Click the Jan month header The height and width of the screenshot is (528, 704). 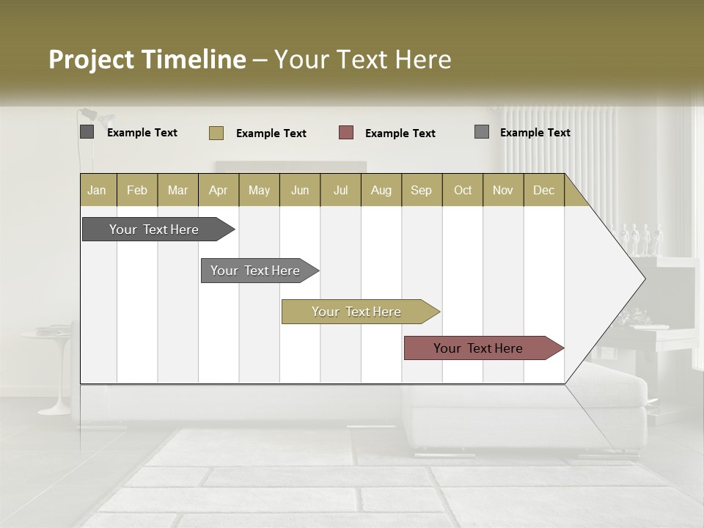click(x=97, y=190)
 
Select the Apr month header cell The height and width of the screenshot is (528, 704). click(x=218, y=190)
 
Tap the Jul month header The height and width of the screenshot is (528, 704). click(x=340, y=190)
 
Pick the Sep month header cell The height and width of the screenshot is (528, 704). click(x=421, y=190)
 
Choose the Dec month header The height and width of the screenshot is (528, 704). click(x=543, y=190)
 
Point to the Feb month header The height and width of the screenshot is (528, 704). click(x=137, y=190)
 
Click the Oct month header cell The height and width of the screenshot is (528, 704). click(x=463, y=190)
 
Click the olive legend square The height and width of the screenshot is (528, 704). click(x=216, y=133)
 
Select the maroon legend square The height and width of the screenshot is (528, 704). click(x=346, y=132)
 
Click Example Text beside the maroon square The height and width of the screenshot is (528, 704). click(x=400, y=133)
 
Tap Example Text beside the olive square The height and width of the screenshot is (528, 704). click(x=271, y=133)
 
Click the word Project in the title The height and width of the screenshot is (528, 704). click(x=91, y=59)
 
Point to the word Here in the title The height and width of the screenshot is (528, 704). click(x=423, y=59)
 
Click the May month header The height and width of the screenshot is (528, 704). click(x=259, y=190)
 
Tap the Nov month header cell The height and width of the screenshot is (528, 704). click(x=503, y=190)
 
